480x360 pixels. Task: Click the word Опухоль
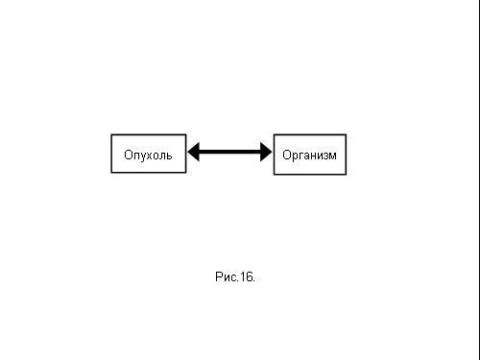pos(148,155)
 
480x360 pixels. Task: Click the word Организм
pos(309,156)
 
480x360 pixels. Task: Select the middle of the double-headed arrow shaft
pos(229,152)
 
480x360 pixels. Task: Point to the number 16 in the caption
pos(246,276)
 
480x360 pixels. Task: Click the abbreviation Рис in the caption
pos(226,276)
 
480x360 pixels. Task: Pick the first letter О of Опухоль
pos(128,155)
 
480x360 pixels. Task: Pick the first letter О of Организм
pos(286,155)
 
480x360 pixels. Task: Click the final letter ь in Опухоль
pos(169,156)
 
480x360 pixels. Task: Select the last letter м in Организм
pos(332,156)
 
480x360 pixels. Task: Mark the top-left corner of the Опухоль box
pos(111,134)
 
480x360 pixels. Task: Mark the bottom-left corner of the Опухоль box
pos(111,173)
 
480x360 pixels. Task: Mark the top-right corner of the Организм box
pos(346,134)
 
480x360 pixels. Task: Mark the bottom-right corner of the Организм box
pos(346,175)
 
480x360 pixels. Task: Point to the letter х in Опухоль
pos(149,156)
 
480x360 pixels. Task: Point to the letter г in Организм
pos(300,156)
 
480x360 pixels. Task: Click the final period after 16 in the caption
pos(253,281)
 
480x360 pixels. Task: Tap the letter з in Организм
pos(325,156)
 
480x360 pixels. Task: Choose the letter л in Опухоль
pos(162,156)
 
